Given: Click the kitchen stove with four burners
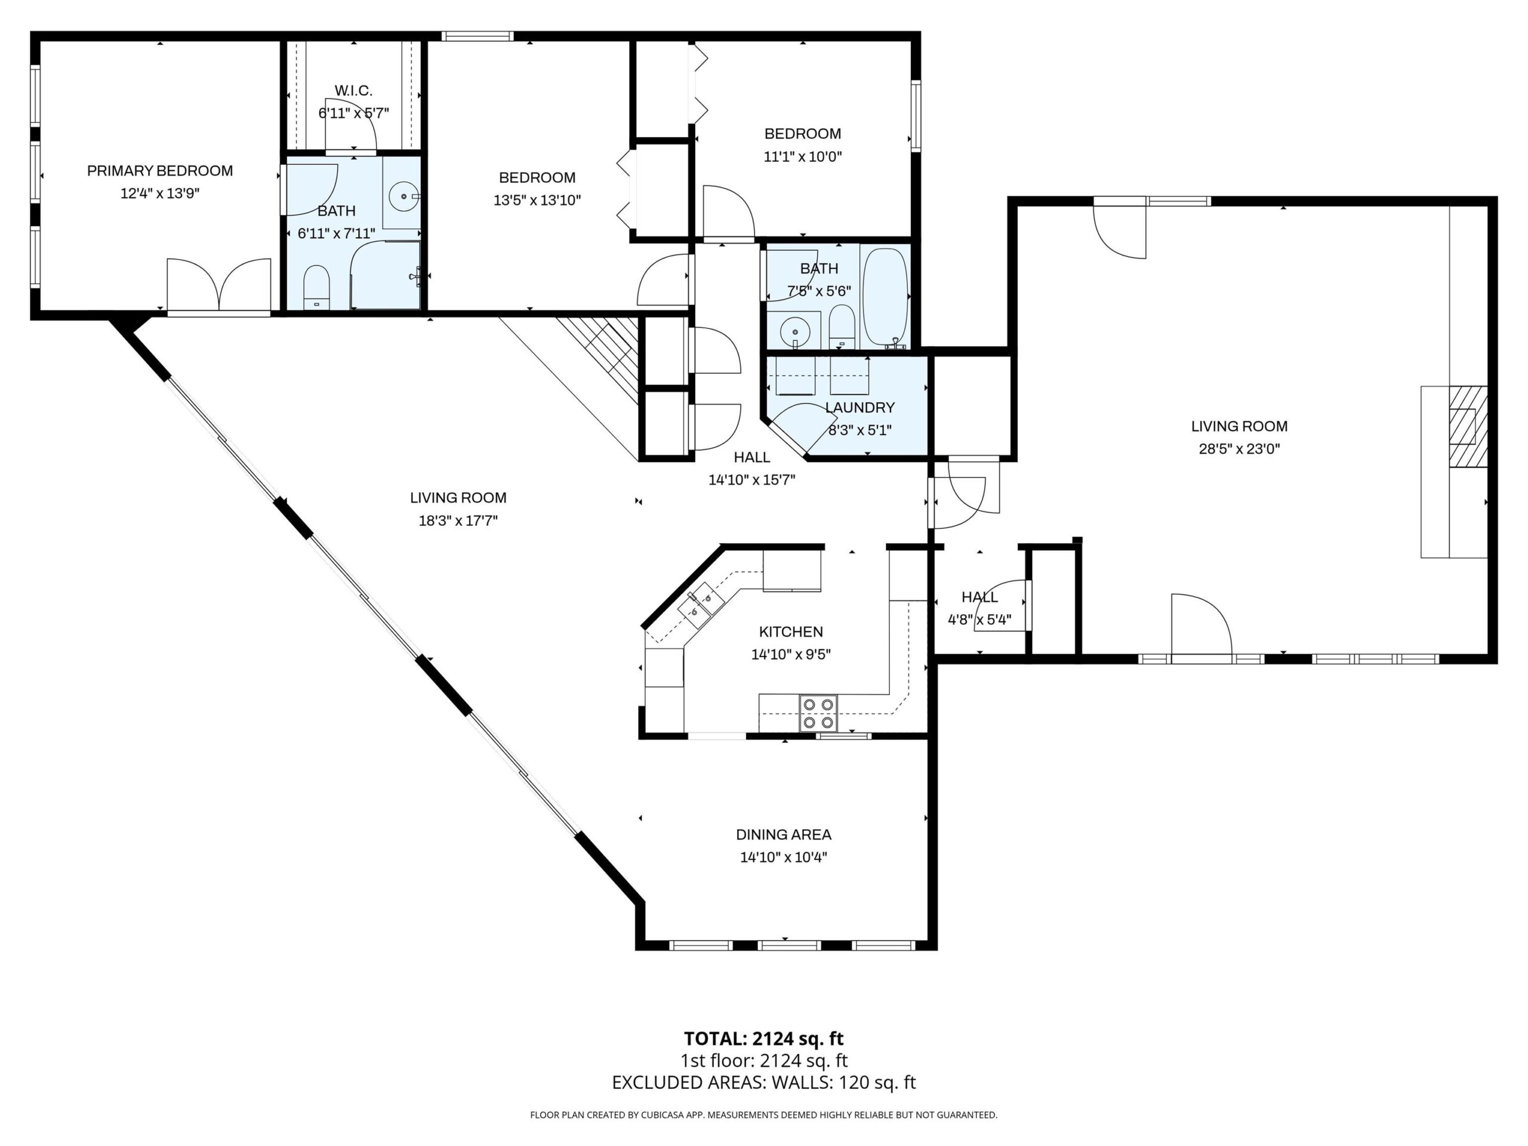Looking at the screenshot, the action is (x=818, y=713).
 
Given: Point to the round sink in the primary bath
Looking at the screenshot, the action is (x=403, y=197).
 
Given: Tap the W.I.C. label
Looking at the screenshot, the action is (x=354, y=91).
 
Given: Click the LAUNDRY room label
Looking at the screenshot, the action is (x=860, y=408).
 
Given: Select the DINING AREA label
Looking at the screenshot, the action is (x=783, y=834).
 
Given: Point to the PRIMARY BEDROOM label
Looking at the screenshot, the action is (x=159, y=171).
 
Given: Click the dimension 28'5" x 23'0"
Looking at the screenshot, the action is (x=1239, y=449).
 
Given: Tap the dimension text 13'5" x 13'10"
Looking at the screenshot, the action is (x=537, y=201).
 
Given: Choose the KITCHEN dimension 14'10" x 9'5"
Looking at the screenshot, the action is (x=791, y=654).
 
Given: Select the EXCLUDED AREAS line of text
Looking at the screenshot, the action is (x=764, y=1083).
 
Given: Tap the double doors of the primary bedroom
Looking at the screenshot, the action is (x=218, y=285).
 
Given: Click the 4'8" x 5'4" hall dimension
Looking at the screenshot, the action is (x=979, y=620).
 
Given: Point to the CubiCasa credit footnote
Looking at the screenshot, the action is (x=764, y=1115).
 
